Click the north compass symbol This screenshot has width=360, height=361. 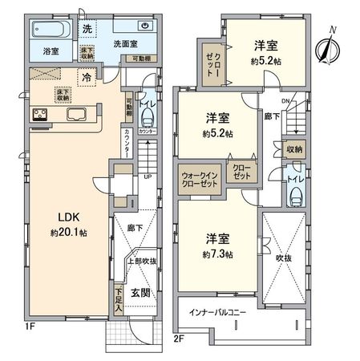[328, 46]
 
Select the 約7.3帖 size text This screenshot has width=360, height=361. [217, 255]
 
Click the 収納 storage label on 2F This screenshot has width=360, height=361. [293, 150]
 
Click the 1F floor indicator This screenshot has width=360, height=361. [30, 328]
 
